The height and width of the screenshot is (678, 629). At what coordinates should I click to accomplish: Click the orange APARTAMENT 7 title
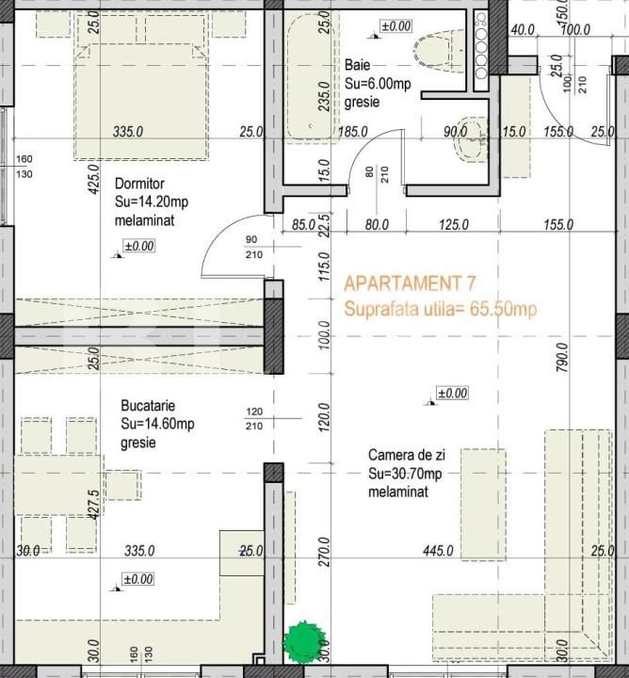click(x=411, y=282)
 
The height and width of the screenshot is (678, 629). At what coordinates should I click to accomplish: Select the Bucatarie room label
click(x=146, y=406)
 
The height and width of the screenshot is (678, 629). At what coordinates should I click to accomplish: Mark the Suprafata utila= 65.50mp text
click(x=441, y=309)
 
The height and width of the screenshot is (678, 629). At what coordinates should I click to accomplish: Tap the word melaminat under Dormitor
click(x=145, y=220)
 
